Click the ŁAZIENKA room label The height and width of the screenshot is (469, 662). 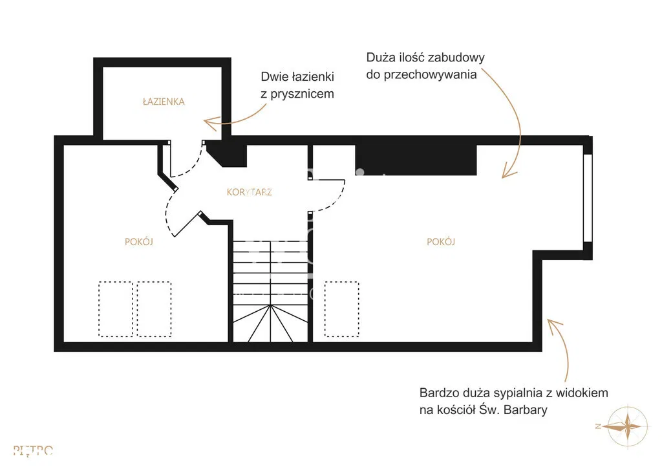point(164,102)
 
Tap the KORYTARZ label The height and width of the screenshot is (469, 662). point(249,192)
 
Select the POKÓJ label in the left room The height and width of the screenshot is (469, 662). point(139,242)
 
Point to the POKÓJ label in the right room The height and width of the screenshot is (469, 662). point(441,242)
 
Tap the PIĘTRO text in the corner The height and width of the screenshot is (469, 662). point(33,451)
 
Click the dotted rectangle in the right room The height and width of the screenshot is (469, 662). point(341,309)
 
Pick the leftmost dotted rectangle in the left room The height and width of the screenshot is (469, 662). point(116,309)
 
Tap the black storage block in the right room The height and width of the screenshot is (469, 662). point(416,160)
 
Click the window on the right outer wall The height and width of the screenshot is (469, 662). point(588,197)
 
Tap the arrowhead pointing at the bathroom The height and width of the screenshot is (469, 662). point(208,121)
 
